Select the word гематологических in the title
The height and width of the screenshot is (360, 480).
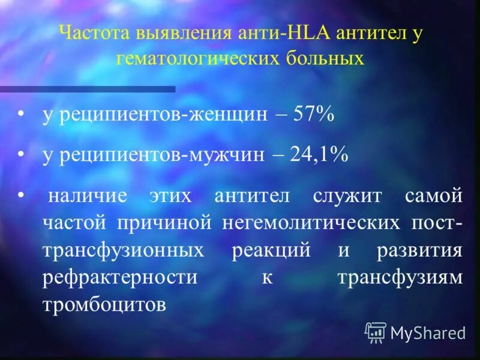click(x=203, y=58)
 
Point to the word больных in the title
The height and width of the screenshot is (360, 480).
click(x=326, y=58)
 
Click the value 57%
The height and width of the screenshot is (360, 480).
click(x=313, y=115)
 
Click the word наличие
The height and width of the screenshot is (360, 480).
click(x=87, y=196)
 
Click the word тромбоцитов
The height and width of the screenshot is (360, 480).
click(x=104, y=305)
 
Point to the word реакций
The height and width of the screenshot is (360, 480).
click(x=271, y=250)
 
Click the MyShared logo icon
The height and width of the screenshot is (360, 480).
click(x=376, y=332)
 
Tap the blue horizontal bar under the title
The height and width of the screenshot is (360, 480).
click(x=88, y=89)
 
